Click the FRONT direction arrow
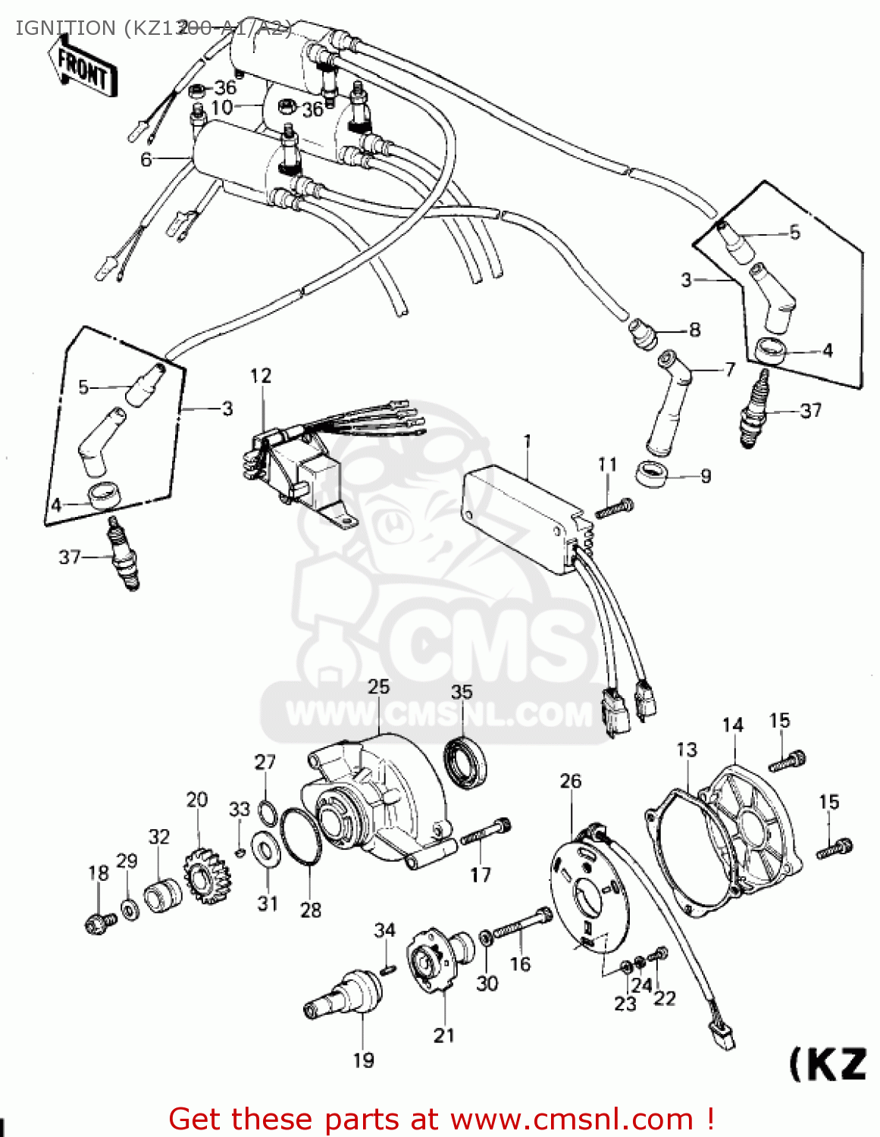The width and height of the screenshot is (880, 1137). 83,68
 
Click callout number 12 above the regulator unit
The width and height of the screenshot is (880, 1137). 261,376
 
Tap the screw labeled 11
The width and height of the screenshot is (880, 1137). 615,508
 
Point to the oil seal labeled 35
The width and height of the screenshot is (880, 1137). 465,761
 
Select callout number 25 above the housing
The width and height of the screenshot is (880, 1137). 378,687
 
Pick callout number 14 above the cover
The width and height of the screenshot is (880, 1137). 733,726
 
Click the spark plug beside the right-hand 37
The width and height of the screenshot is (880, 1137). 752,411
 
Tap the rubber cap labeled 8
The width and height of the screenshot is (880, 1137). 643,334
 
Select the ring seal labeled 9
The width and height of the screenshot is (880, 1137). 652,475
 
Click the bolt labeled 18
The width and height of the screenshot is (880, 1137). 99,923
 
